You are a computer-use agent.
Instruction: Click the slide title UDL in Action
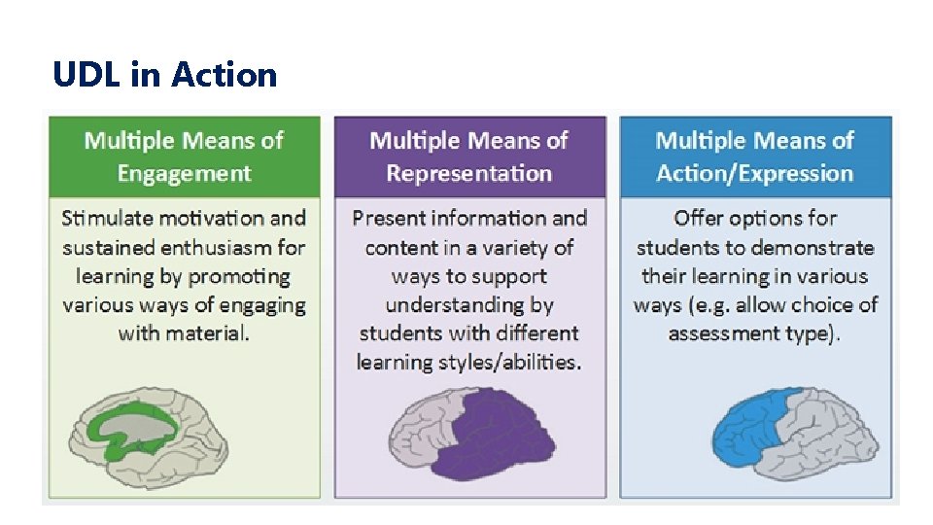[165, 75]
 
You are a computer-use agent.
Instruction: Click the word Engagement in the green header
[184, 174]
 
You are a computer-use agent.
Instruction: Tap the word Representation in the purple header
[468, 174]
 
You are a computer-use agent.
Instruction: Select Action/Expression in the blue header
[754, 174]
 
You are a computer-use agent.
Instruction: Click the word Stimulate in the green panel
[108, 218]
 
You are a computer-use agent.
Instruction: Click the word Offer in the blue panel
[703, 218]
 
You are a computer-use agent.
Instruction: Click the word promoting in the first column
[238, 276]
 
